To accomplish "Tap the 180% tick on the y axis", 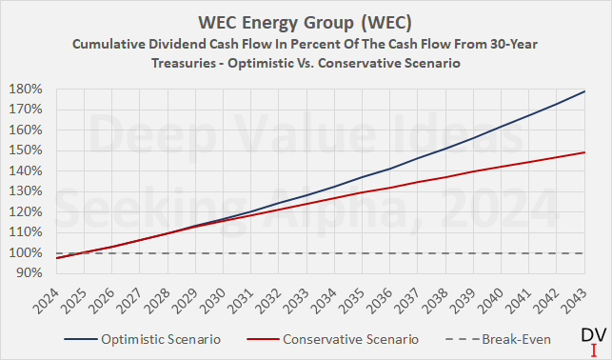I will (x=23, y=89).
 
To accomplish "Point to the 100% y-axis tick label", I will (x=23, y=252).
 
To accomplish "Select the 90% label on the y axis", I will (x=26, y=272).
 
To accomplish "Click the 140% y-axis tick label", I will (x=23, y=170).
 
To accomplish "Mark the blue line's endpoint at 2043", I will (x=584, y=91).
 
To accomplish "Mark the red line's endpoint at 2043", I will (x=584, y=152).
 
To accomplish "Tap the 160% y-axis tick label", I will (x=23, y=130).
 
